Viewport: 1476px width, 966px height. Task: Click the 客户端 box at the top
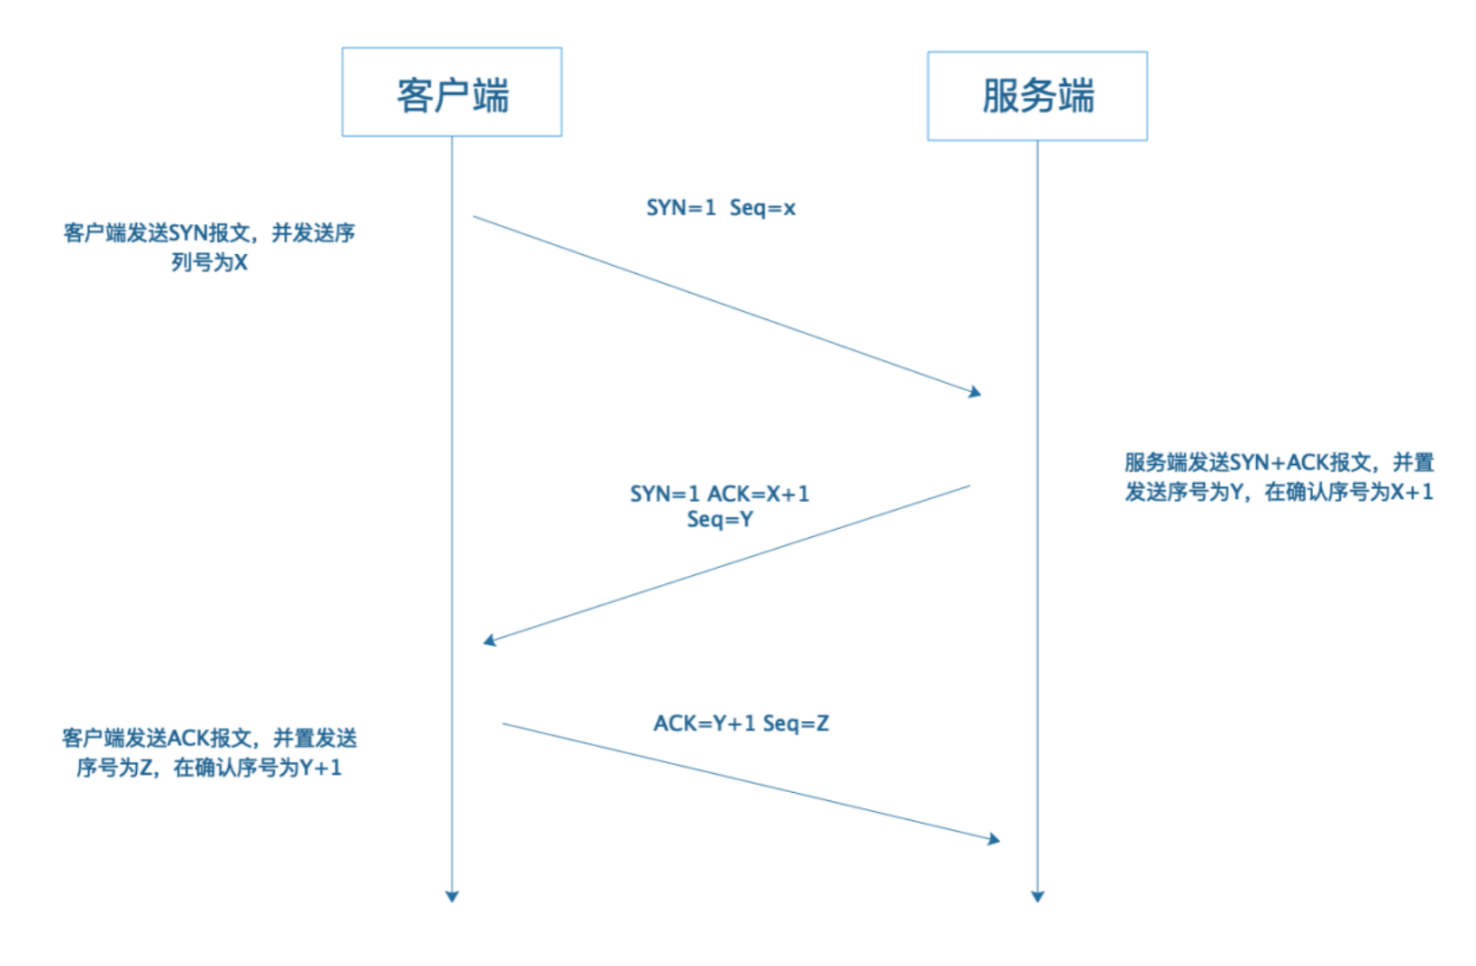tap(451, 93)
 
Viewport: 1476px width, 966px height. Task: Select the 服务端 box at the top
tap(1037, 96)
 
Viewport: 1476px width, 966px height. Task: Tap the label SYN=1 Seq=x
tap(720, 208)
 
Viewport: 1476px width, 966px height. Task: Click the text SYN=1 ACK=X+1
tap(719, 494)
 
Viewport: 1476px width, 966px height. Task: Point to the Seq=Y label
tap(719, 519)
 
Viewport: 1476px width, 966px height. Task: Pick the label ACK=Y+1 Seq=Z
tap(741, 724)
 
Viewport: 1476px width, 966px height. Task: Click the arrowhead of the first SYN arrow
tap(975, 392)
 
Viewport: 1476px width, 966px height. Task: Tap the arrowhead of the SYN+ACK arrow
tap(489, 641)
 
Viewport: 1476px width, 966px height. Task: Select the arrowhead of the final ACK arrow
tap(994, 839)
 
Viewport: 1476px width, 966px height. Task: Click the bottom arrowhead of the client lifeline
tap(452, 896)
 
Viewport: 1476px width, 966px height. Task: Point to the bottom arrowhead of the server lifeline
tap(1037, 896)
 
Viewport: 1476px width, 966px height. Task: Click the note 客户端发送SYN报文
tap(209, 233)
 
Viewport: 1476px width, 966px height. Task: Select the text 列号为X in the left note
tap(209, 263)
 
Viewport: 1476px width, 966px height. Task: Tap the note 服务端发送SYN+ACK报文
tap(1278, 463)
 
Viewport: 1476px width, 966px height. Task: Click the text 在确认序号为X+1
tap(1348, 492)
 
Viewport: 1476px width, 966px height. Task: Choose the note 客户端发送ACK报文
tap(209, 739)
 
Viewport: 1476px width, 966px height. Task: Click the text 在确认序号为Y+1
tap(258, 768)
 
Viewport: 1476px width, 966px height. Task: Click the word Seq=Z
tap(796, 724)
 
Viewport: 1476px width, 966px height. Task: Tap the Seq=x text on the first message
tap(762, 208)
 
